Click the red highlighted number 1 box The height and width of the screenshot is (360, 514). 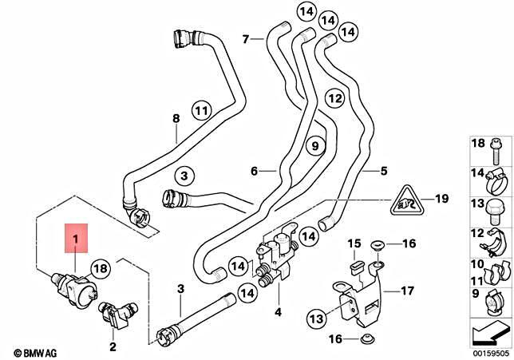[x=77, y=238]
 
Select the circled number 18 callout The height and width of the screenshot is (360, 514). [x=100, y=269]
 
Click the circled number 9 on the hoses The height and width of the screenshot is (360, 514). [x=314, y=147]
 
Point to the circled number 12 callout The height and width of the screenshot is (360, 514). [x=334, y=99]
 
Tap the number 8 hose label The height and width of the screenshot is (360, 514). [x=176, y=120]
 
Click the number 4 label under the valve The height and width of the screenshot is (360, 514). [x=278, y=311]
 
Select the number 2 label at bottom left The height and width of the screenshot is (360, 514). [x=113, y=346]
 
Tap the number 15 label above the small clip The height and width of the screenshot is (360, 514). [x=353, y=243]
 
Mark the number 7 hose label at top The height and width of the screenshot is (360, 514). [x=246, y=38]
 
